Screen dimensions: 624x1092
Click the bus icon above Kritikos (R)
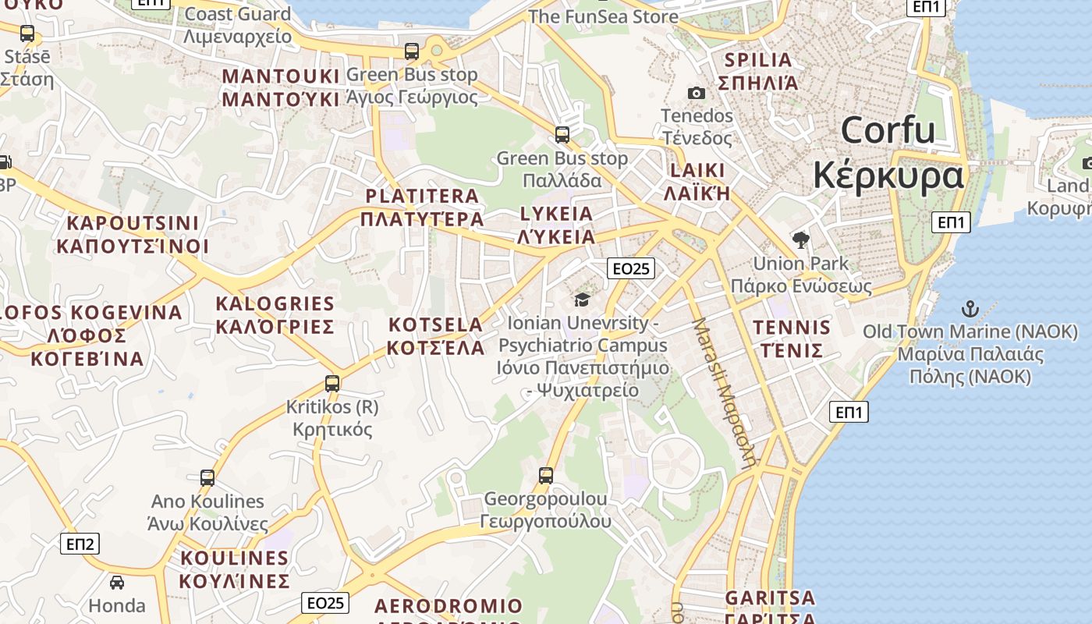click(332, 383)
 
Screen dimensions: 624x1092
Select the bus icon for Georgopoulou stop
click(546, 475)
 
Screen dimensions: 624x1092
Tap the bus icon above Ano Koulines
click(207, 477)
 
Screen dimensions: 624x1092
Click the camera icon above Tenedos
click(697, 94)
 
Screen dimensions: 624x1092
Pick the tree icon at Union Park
click(800, 239)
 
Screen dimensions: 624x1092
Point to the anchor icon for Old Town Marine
click(970, 308)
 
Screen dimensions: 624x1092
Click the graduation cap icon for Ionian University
click(581, 300)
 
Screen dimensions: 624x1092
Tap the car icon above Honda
click(117, 582)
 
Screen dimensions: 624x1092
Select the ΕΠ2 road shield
click(80, 544)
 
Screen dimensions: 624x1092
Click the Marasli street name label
click(725, 390)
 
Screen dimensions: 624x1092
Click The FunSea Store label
click(603, 16)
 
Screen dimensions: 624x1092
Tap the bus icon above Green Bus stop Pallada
click(562, 134)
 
